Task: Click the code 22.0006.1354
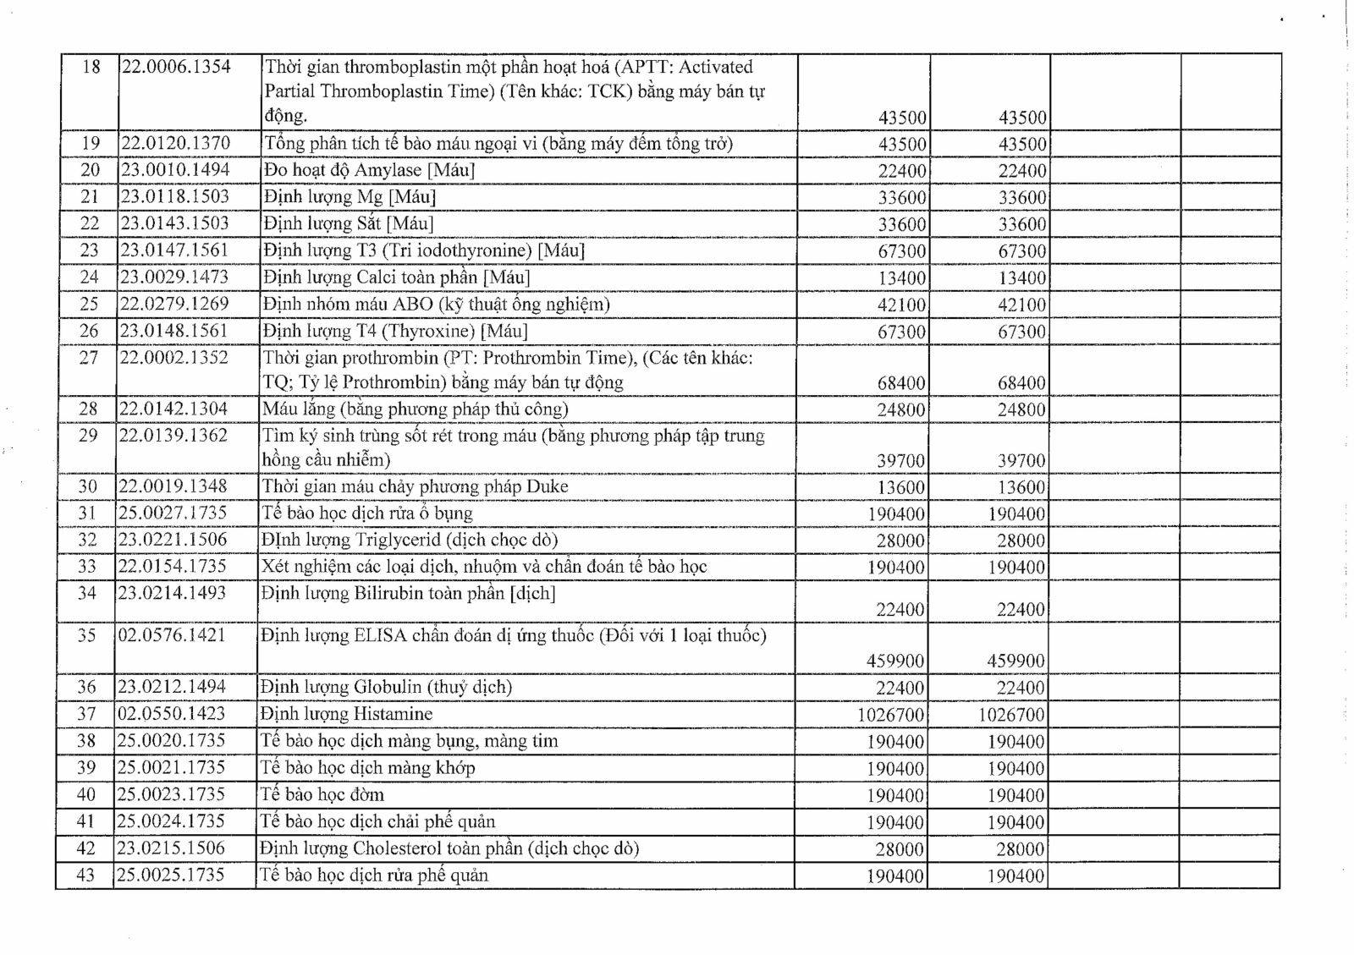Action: click(176, 67)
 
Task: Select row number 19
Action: click(90, 144)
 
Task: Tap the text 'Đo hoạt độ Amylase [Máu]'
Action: click(369, 170)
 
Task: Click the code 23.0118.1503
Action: click(175, 197)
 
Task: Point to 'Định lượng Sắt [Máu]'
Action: click(348, 224)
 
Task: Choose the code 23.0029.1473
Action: click(174, 277)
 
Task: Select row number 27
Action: click(89, 358)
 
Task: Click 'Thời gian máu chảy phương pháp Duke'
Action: click(415, 486)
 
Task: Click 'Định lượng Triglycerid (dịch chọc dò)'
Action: click(410, 541)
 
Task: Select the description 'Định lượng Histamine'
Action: click(346, 714)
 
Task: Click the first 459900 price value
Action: click(895, 661)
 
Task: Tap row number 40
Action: click(86, 795)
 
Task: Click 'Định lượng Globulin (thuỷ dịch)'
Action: click(386, 687)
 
